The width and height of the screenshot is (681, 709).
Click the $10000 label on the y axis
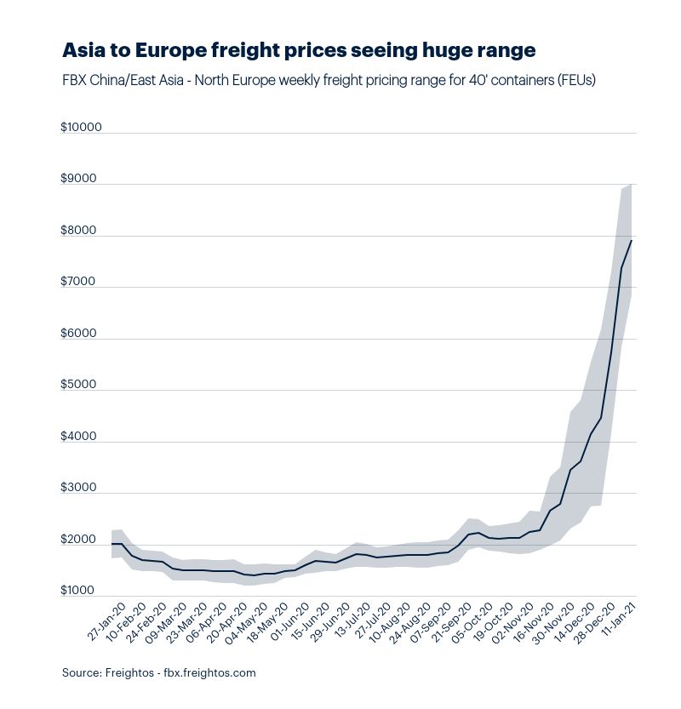[x=81, y=128]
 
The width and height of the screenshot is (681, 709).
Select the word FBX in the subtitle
[x=74, y=80]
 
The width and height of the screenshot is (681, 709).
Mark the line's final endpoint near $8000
[x=631, y=241]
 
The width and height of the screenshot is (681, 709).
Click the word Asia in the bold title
[x=83, y=50]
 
